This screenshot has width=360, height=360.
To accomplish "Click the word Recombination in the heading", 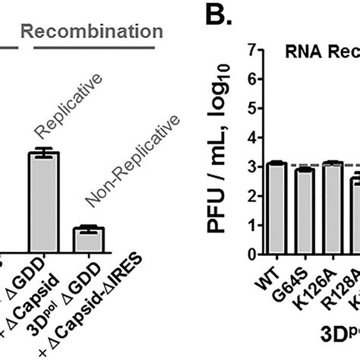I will click(90, 32).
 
